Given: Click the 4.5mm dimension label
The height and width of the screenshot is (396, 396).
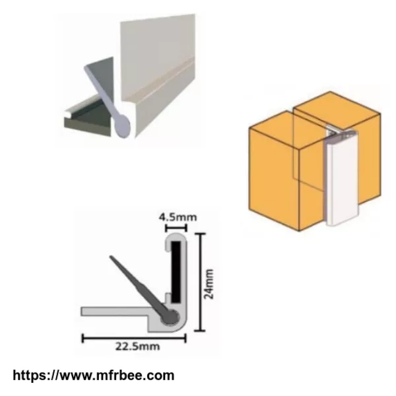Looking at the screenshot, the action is [x=178, y=217].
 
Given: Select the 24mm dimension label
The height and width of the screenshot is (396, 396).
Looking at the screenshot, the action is [x=209, y=284].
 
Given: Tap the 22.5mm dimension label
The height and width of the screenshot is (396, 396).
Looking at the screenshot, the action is [x=138, y=346].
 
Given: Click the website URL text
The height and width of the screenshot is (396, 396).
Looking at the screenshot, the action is [x=94, y=376].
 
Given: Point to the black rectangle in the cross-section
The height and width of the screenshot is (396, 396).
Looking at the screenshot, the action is [x=176, y=272].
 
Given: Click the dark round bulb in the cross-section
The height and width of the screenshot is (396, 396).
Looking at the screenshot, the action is [x=170, y=317].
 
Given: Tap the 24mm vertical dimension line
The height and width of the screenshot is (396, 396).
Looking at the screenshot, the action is [x=201, y=282].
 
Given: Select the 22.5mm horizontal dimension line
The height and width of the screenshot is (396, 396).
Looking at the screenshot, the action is [x=134, y=338].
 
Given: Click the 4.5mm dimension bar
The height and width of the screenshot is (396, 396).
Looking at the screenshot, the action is [x=176, y=228].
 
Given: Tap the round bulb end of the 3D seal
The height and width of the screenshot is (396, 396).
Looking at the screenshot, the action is [x=121, y=126].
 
